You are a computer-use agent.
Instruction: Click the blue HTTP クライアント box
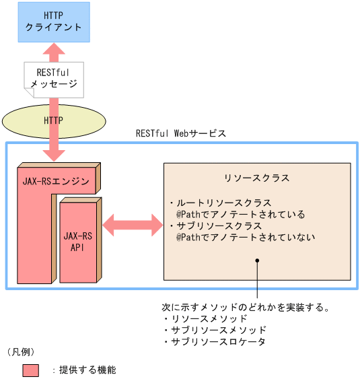pos(53,21)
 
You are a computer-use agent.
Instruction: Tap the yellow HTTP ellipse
pos(53,120)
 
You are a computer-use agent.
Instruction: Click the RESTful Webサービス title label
pos(180,133)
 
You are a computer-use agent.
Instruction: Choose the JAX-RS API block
pos(77,242)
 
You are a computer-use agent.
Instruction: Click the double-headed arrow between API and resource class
pos(133,224)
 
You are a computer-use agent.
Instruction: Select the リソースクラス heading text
pos(256,178)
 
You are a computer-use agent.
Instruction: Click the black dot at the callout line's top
pos(256,261)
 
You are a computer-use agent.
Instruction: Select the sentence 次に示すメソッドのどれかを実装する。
pos(246,307)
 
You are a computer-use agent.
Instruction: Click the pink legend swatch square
pos(30,370)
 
